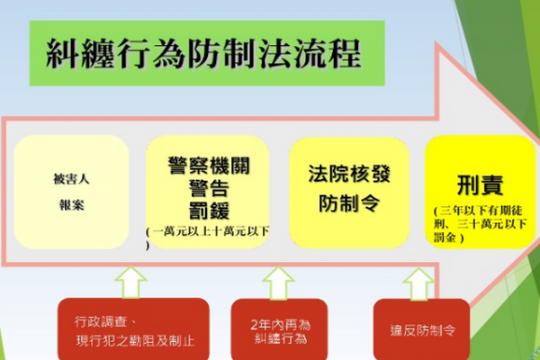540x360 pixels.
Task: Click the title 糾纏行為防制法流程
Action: (x=203, y=54)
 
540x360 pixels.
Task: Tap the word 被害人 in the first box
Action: (x=71, y=179)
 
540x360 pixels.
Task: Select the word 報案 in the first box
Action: (x=71, y=205)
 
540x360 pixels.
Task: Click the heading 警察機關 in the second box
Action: (x=209, y=166)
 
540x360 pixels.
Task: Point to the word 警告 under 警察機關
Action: (x=209, y=188)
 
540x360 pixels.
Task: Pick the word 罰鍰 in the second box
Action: (x=209, y=210)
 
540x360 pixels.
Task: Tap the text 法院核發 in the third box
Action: (x=349, y=174)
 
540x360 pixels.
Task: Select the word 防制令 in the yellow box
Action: (x=349, y=203)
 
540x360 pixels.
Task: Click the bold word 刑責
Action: (x=480, y=185)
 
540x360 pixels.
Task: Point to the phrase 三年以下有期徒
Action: (x=481, y=211)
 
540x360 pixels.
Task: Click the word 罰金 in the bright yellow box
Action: (x=445, y=238)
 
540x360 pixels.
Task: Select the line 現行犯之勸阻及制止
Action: (x=135, y=341)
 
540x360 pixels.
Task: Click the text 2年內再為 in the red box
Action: (x=280, y=325)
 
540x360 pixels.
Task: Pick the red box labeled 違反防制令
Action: (x=421, y=329)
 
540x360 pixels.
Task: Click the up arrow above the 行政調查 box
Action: (x=130, y=283)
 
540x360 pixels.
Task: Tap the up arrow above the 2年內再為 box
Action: (x=278, y=283)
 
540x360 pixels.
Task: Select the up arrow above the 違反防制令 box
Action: (x=418, y=283)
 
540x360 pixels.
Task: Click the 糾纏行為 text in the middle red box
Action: (x=280, y=338)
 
